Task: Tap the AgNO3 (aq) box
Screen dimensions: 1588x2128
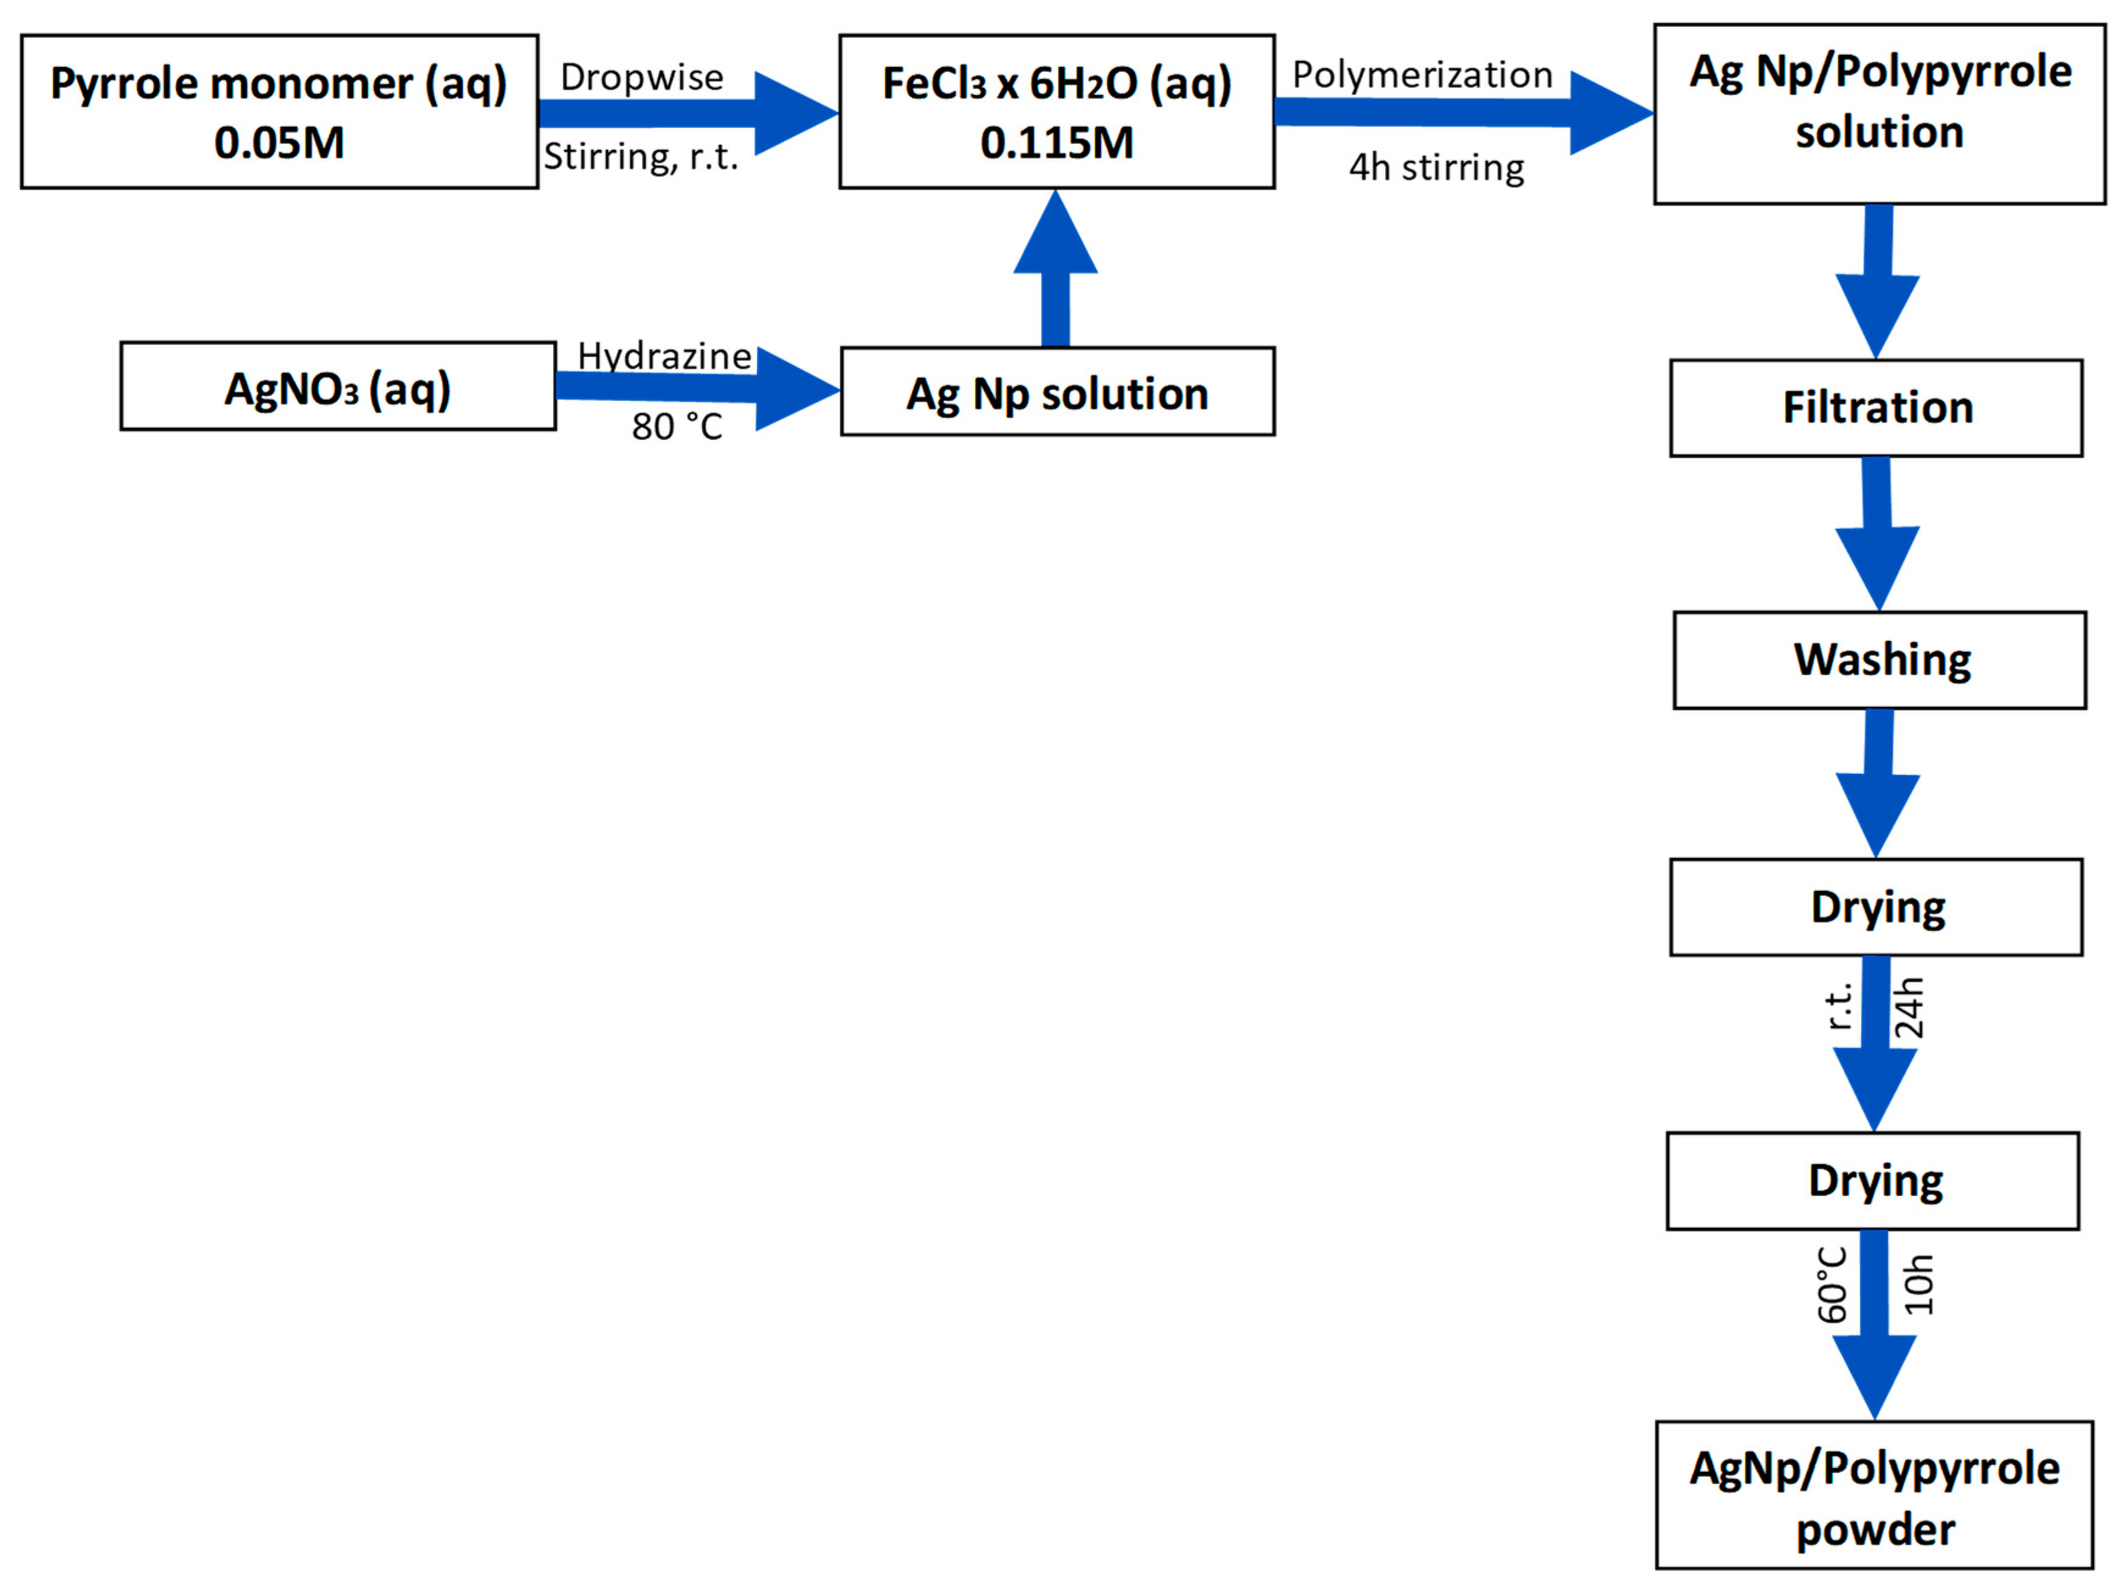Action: point(337,387)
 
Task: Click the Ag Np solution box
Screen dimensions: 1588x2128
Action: point(1057,392)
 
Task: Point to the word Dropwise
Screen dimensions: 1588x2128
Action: point(642,77)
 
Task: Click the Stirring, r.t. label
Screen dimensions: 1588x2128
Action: point(641,156)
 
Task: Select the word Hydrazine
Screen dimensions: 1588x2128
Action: point(664,356)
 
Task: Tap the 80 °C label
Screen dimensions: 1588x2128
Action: point(676,426)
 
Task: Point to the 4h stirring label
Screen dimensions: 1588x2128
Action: point(1436,167)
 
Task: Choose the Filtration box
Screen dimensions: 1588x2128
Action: point(1876,407)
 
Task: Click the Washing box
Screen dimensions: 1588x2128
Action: point(1879,659)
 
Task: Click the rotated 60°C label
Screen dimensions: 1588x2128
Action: point(1833,1284)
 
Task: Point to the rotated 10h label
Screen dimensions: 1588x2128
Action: point(1918,1284)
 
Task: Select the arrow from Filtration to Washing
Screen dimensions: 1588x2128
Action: point(1877,534)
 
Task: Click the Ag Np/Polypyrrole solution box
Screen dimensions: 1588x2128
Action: point(1879,113)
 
